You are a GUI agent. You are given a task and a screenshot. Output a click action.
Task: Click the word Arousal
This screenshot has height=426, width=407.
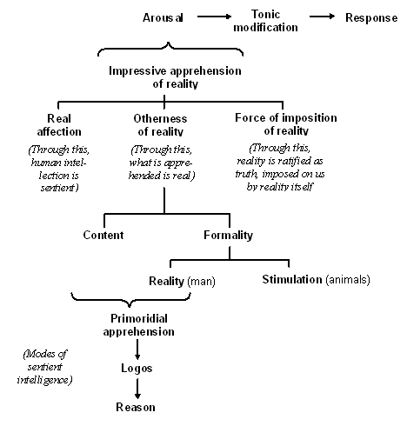click(x=163, y=17)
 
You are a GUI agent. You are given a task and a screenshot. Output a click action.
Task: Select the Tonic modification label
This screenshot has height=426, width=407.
click(x=265, y=21)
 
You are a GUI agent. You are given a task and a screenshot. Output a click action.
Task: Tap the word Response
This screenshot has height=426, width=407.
click(x=371, y=18)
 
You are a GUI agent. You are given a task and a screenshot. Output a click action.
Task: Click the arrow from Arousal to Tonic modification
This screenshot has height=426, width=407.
click(x=214, y=17)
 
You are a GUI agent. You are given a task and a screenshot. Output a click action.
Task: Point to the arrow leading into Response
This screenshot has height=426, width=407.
click(x=322, y=17)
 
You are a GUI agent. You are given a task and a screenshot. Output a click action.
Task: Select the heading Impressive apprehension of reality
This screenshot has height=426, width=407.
click(x=175, y=77)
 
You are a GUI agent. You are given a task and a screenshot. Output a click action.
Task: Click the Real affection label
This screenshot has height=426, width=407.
click(x=59, y=125)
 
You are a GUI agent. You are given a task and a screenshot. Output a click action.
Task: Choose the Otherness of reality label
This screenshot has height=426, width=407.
click(x=160, y=125)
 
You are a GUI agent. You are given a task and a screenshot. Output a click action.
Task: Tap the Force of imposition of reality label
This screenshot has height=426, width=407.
click(x=286, y=124)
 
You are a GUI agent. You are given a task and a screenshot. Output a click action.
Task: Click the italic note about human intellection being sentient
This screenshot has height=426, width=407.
click(x=59, y=169)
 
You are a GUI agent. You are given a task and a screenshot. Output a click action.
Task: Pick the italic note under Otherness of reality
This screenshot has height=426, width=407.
click(x=162, y=163)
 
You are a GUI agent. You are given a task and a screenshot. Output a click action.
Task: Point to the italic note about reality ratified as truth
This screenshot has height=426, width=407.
click(x=280, y=168)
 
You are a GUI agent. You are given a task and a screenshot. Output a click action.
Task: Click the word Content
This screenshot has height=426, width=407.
click(x=103, y=235)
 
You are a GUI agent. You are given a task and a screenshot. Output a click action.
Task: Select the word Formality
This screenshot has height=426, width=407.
click(x=228, y=236)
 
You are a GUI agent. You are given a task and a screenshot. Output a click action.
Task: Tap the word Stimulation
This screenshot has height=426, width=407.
click(x=292, y=280)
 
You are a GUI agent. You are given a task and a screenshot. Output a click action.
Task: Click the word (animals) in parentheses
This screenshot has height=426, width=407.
click(x=348, y=280)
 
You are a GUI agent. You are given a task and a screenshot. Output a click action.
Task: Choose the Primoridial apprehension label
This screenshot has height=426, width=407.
click(x=139, y=325)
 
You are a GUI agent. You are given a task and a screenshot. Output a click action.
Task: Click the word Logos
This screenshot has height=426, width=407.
click(x=137, y=369)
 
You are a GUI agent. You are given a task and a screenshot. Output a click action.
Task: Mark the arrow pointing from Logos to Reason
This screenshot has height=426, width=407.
click(x=137, y=389)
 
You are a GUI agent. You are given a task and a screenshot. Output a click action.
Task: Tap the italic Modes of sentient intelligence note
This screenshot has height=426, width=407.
click(x=45, y=367)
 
